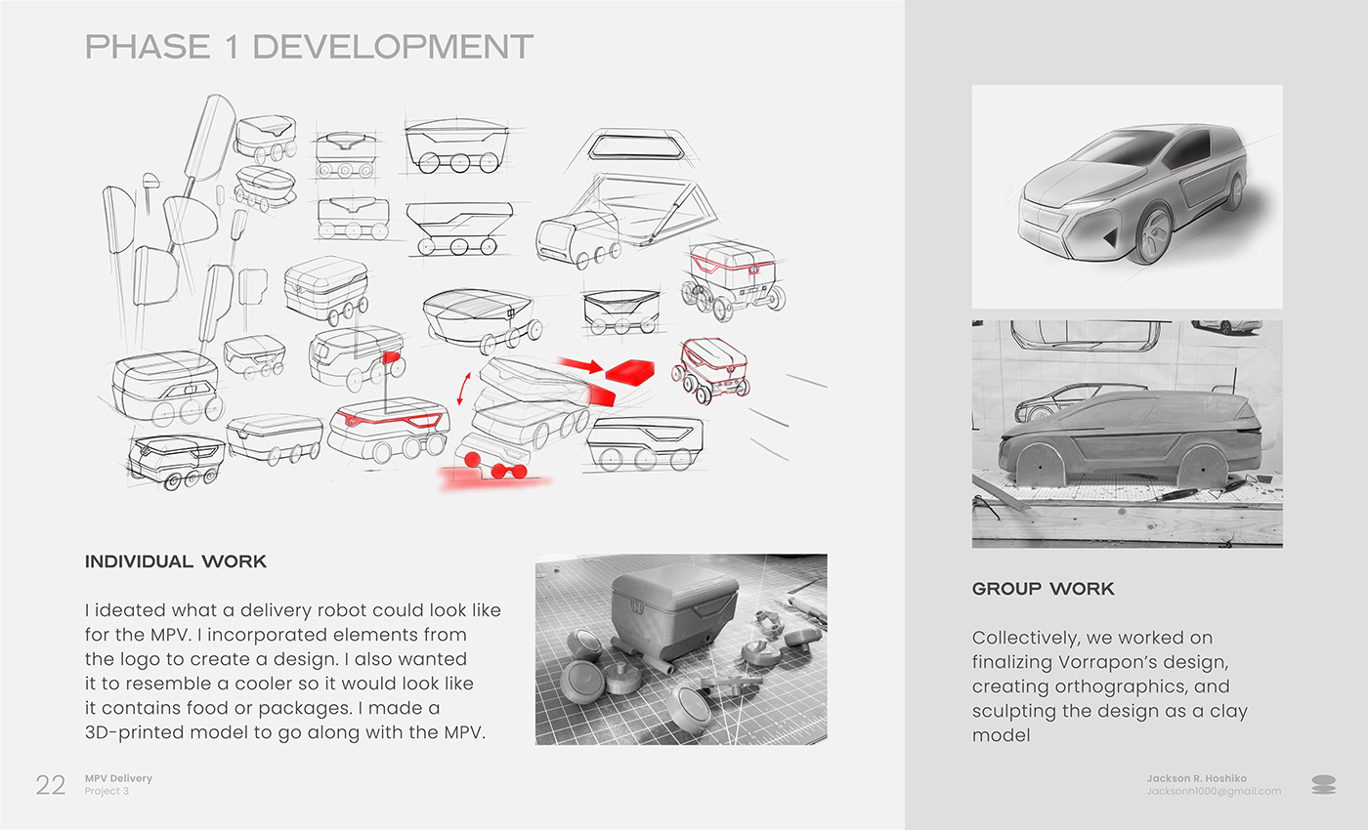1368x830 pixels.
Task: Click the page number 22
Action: click(x=50, y=785)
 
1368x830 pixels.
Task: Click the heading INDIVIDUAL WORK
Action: click(x=176, y=561)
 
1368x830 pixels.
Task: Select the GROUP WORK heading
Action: click(x=1044, y=589)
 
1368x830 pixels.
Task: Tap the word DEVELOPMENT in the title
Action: click(x=393, y=47)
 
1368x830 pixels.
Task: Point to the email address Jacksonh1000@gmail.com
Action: click(x=1214, y=792)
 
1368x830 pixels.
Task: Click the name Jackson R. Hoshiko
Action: click(x=1196, y=778)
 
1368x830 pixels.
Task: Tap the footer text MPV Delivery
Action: click(x=118, y=778)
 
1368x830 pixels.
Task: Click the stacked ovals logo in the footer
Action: click(x=1323, y=785)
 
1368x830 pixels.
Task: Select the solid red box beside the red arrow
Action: click(x=629, y=372)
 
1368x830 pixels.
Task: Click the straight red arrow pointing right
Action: click(x=581, y=365)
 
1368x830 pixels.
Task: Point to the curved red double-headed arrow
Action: click(x=464, y=389)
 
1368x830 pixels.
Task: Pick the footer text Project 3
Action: click(x=107, y=792)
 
